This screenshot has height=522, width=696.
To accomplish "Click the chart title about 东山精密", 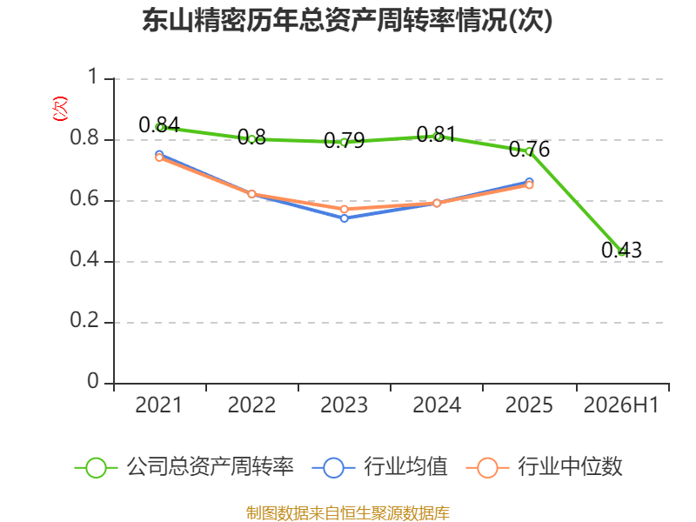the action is [347, 20].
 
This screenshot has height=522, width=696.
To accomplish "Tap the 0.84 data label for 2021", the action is [159, 124].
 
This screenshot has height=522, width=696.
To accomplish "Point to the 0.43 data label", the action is [621, 250].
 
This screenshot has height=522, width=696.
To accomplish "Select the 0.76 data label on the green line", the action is [529, 149].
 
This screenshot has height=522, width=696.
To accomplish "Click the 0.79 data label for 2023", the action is [344, 140].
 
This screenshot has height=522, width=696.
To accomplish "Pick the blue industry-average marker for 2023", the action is [344, 218].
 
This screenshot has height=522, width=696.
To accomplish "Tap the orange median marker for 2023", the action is [344, 209].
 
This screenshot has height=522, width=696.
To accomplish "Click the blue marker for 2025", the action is [529, 182].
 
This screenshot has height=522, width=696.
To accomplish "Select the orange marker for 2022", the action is [251, 194].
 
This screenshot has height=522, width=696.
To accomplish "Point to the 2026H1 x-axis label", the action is [621, 405].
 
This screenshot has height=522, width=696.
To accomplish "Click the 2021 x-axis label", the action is [159, 405].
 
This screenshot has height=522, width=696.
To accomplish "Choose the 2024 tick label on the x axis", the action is [437, 405].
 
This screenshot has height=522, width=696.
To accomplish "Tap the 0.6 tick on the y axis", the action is [84, 198].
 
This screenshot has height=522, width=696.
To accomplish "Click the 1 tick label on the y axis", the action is [93, 77].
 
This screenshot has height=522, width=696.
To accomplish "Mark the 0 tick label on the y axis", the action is [93, 381].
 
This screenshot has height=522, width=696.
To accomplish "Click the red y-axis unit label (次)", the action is [60, 109].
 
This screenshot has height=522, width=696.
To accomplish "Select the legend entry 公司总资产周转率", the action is [184, 467].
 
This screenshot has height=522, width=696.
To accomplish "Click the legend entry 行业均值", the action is [380, 467].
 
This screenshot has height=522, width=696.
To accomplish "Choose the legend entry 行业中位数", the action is [545, 467].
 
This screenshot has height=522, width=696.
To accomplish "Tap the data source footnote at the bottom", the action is [348, 512].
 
